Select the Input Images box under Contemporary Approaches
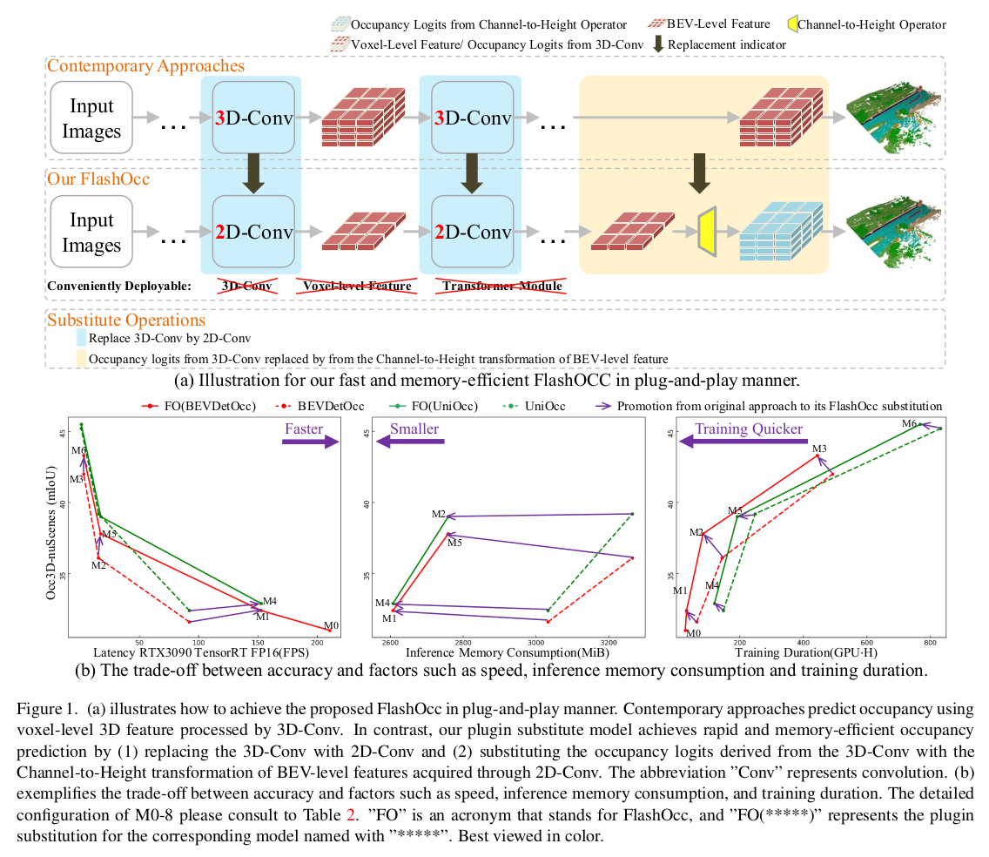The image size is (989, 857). [91, 118]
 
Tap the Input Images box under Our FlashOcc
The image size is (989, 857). [91, 232]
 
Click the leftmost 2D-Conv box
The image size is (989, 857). [253, 232]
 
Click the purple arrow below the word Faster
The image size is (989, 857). [309, 442]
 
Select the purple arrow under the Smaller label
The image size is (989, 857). [409, 442]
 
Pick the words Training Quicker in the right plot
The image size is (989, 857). [748, 428]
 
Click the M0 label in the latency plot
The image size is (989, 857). [331, 625]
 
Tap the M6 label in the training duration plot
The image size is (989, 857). [909, 424]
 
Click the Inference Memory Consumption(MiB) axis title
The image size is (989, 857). [508, 652]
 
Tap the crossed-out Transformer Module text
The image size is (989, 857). [502, 285]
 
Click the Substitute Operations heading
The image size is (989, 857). [126, 320]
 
